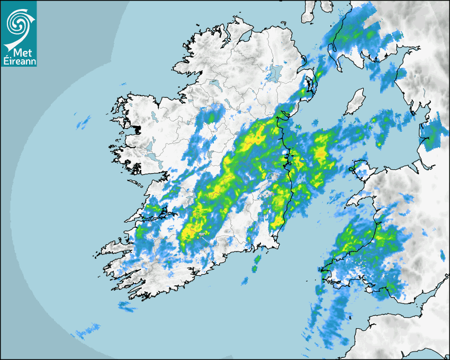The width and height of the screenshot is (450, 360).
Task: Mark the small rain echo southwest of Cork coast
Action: point(127,305)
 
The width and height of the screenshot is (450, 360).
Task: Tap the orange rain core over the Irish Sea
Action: point(321,153)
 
